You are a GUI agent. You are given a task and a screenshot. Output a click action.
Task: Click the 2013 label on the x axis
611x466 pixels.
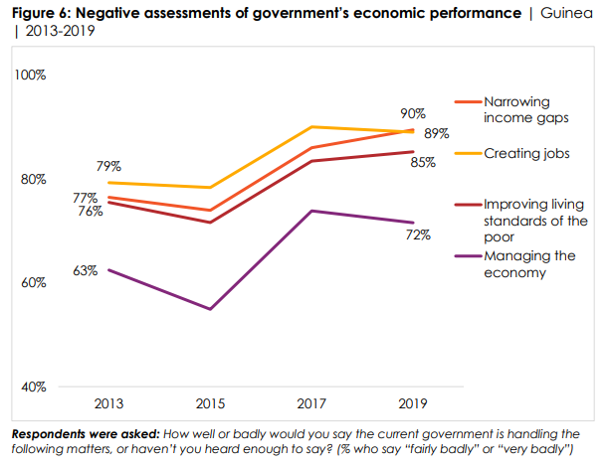click(108, 404)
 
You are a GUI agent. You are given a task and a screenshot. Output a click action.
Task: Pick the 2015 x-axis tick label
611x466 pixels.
click(210, 404)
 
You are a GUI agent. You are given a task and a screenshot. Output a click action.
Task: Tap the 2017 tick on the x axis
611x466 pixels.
click(311, 404)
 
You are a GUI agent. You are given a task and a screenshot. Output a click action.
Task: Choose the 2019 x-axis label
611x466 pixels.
click(413, 404)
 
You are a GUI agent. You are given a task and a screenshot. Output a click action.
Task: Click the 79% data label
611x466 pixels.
click(109, 165)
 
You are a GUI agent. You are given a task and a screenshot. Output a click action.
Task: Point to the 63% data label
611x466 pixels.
click(85, 269)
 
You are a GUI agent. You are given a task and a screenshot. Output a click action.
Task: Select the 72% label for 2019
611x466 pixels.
click(418, 235)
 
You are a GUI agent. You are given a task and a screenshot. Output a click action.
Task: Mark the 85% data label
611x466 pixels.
click(423, 162)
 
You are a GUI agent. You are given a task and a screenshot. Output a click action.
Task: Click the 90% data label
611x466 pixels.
click(413, 114)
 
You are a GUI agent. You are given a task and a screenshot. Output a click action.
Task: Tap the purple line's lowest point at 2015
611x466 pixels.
click(210, 309)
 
